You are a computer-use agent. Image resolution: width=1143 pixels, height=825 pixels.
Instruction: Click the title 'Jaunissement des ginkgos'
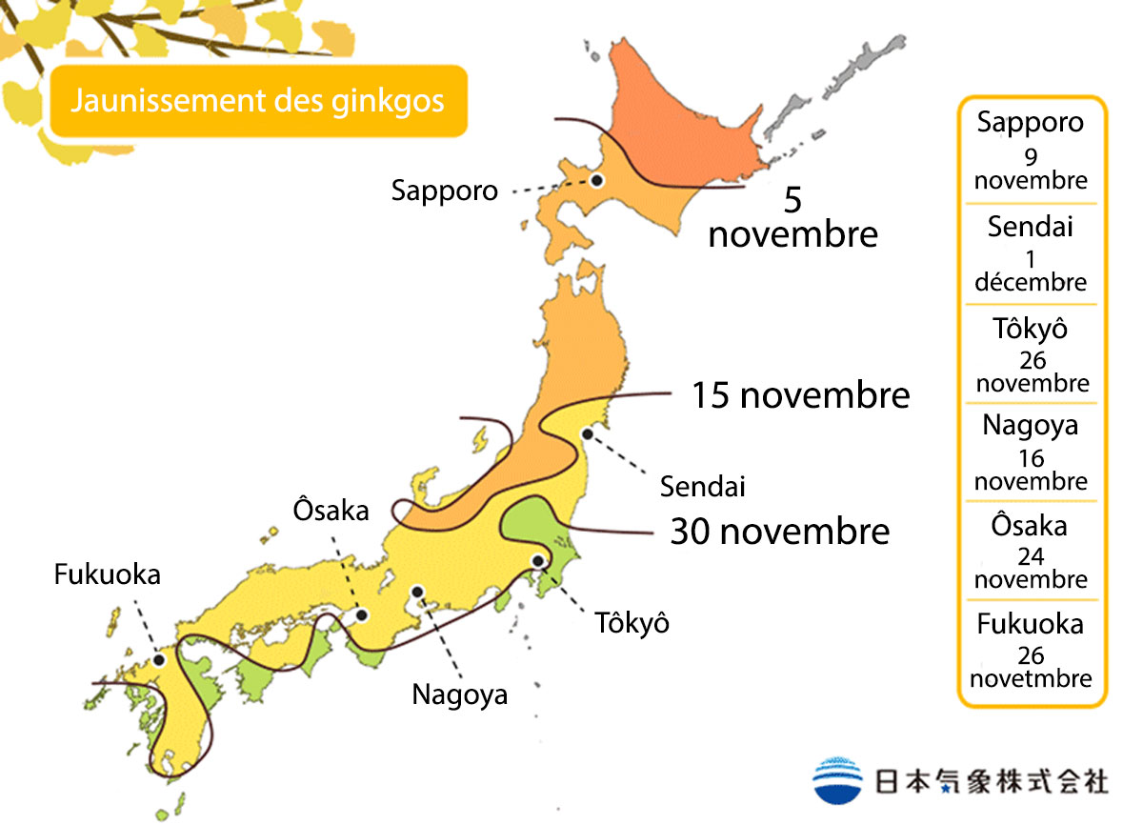click(x=257, y=100)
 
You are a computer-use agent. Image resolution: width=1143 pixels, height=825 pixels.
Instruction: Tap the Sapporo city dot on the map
click(x=597, y=179)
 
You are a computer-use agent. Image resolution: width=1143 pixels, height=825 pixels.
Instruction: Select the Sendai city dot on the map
click(x=588, y=434)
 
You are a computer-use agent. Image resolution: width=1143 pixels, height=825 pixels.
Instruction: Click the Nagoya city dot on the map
click(x=416, y=592)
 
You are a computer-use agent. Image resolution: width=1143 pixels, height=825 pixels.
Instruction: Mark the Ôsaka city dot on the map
click(x=362, y=615)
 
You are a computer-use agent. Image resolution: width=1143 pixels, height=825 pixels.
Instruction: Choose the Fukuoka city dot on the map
click(x=159, y=659)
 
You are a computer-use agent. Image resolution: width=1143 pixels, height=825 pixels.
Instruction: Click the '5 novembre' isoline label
click(x=792, y=217)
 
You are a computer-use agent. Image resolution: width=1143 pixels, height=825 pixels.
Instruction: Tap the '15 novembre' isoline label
click(x=800, y=394)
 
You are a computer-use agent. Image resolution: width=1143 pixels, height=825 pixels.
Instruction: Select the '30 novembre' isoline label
click(x=780, y=531)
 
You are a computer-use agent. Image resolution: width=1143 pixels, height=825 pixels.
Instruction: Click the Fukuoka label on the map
click(x=107, y=574)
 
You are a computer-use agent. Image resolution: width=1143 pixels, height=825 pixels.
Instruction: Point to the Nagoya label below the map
click(x=459, y=694)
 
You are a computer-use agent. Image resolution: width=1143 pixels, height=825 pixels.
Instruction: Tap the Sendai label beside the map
click(x=703, y=487)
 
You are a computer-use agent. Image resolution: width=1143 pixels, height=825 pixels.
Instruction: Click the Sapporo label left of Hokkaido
click(x=444, y=191)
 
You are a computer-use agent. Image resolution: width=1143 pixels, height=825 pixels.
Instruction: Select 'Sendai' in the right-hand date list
click(x=1031, y=227)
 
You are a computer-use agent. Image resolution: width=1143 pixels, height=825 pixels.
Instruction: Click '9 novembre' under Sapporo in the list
click(x=1031, y=170)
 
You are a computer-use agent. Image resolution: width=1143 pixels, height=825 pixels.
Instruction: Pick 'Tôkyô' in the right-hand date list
click(x=1031, y=329)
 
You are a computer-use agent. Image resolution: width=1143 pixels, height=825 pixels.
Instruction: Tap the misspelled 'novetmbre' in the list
click(x=1031, y=678)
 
